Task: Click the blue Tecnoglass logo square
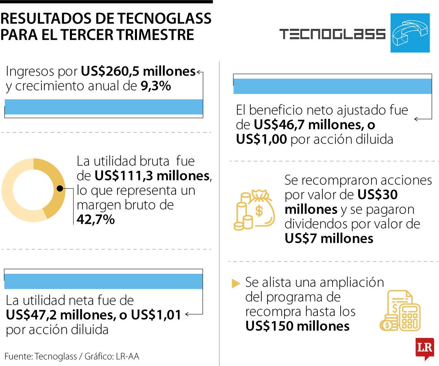click(410, 33)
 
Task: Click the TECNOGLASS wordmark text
click(333, 34)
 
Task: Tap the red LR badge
click(424, 348)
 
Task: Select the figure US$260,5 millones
click(138, 72)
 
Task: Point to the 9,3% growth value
click(156, 86)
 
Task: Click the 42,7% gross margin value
click(96, 220)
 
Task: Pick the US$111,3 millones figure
click(152, 176)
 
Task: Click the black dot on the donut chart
click(60, 188)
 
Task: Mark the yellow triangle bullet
click(236, 283)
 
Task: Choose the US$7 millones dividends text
click(329, 238)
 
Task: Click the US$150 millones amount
click(297, 326)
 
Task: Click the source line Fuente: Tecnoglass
click(41, 357)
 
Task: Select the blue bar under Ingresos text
click(104, 107)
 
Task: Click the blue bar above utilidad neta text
click(104, 281)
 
